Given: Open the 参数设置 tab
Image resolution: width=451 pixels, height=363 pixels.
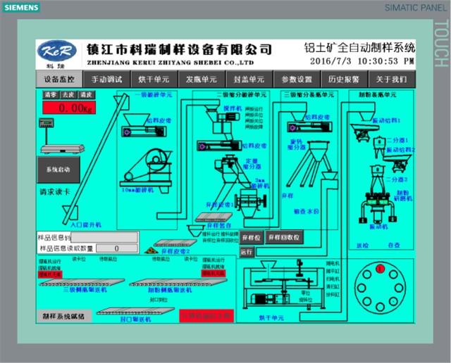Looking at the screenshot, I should tap(296, 79).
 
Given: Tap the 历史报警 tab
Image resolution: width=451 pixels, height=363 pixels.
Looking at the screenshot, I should tap(343, 79).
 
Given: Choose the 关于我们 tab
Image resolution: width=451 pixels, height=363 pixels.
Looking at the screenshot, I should tap(390, 79).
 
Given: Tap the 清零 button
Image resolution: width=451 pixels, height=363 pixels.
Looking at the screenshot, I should tap(51, 94).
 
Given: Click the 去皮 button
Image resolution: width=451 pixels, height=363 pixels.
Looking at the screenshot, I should tap(68, 94).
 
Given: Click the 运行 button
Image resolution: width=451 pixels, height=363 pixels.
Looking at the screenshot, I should tap(247, 251).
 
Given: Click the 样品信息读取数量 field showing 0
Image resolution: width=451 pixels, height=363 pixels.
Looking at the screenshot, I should tap(116, 248).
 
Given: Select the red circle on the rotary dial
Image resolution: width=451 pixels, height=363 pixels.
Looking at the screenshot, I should tap(380, 269).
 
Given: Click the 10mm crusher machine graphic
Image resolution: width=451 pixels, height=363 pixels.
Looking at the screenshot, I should tap(145, 166).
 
